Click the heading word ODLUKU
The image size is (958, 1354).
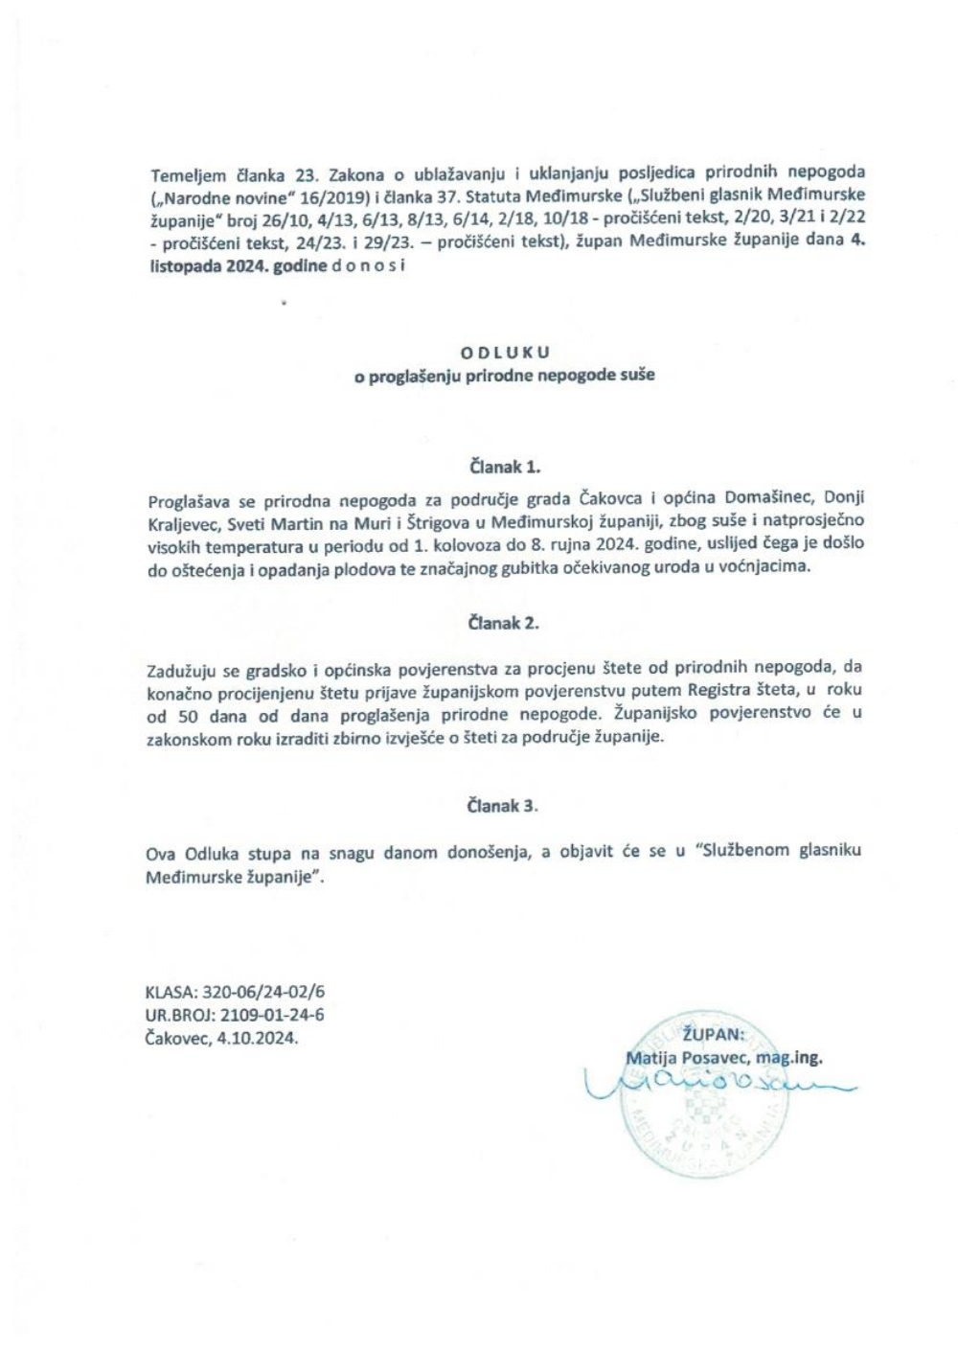[505, 353]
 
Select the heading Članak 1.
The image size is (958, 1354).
[505, 468]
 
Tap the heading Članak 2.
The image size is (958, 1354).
[504, 623]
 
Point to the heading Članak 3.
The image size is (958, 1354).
[504, 806]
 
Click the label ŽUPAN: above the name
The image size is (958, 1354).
[712, 1034]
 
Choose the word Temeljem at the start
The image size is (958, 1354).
[188, 174]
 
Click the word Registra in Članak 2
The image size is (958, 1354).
[712, 690]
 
